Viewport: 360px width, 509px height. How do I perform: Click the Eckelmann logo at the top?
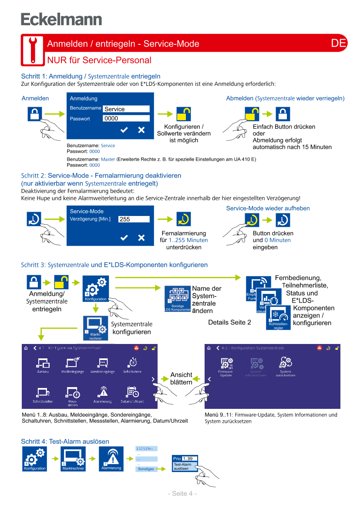pos(61,20)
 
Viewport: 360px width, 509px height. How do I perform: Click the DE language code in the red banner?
pos(338,43)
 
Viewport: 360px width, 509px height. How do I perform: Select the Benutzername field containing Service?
pos(126,109)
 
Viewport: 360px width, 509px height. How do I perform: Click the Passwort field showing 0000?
pos(126,118)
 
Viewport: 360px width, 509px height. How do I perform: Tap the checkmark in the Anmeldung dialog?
pos(124,130)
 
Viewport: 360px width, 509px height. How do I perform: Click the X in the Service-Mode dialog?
pos(141,237)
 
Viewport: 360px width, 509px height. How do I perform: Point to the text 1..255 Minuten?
pos(188,240)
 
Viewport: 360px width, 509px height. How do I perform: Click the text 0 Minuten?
pos(277,240)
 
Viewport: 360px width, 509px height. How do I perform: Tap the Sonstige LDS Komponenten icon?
pos(177,299)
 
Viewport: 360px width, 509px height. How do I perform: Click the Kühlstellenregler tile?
pos(278,318)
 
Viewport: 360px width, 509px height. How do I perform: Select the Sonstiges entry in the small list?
pos(145,469)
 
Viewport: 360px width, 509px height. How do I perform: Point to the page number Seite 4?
pos(182,493)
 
